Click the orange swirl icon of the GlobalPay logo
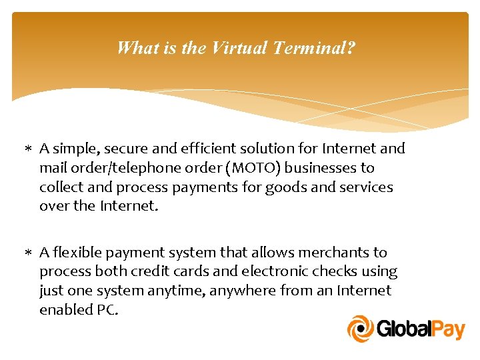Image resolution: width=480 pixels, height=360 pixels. (361, 329)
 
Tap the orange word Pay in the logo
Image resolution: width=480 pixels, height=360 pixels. (447, 329)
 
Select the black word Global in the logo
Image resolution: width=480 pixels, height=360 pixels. (403, 329)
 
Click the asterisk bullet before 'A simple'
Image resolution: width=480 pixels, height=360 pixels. (31, 149)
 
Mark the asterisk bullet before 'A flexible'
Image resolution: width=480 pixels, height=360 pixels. (31, 253)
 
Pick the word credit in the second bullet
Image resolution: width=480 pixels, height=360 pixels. (161, 271)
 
